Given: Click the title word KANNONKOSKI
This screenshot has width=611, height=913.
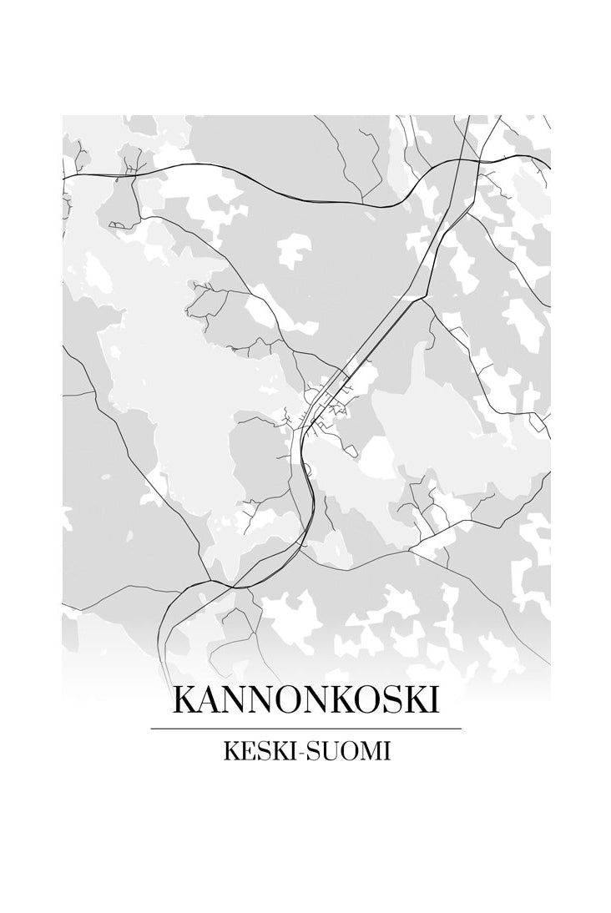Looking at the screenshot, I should (305, 700).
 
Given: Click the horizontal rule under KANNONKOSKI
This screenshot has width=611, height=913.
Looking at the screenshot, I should (305, 729).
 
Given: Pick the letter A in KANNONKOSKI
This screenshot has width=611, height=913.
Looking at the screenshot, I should (210, 700).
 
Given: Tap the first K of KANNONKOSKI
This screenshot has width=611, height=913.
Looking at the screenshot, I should (185, 700).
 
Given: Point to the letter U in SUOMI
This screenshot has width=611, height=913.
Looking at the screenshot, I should (331, 751).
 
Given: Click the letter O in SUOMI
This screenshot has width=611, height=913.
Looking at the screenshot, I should (350, 751).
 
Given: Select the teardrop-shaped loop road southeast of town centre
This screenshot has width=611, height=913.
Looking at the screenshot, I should (351, 451).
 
